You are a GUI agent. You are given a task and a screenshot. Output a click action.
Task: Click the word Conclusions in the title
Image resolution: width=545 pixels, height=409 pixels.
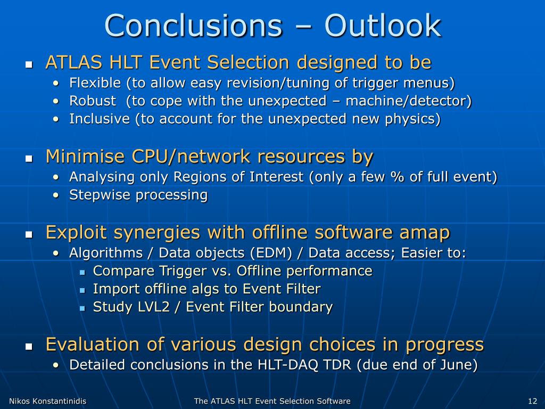pyautogui.click(x=193, y=26)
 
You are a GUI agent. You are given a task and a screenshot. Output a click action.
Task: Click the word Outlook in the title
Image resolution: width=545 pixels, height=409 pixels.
pyautogui.click(x=383, y=26)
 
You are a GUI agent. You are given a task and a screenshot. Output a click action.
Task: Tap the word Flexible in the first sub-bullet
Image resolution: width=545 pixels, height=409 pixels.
pyautogui.click(x=95, y=83)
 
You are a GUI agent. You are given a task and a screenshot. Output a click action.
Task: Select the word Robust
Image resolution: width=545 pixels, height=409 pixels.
pyautogui.click(x=93, y=101)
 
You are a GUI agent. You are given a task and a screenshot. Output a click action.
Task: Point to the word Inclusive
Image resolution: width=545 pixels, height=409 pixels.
pyautogui.click(x=99, y=119)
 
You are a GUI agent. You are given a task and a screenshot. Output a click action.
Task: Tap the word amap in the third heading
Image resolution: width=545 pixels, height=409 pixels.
pyautogui.click(x=424, y=233)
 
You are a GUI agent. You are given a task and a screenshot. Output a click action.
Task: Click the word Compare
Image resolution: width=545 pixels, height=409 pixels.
pyautogui.click(x=123, y=271)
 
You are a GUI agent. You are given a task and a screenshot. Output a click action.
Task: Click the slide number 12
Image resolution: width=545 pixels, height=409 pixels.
pyautogui.click(x=532, y=401)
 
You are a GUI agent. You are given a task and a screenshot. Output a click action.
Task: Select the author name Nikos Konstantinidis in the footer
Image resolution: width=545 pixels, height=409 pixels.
pyautogui.click(x=47, y=401)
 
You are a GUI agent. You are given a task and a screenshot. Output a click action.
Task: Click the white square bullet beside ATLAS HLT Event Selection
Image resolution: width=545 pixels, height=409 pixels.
pyautogui.click(x=29, y=64)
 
